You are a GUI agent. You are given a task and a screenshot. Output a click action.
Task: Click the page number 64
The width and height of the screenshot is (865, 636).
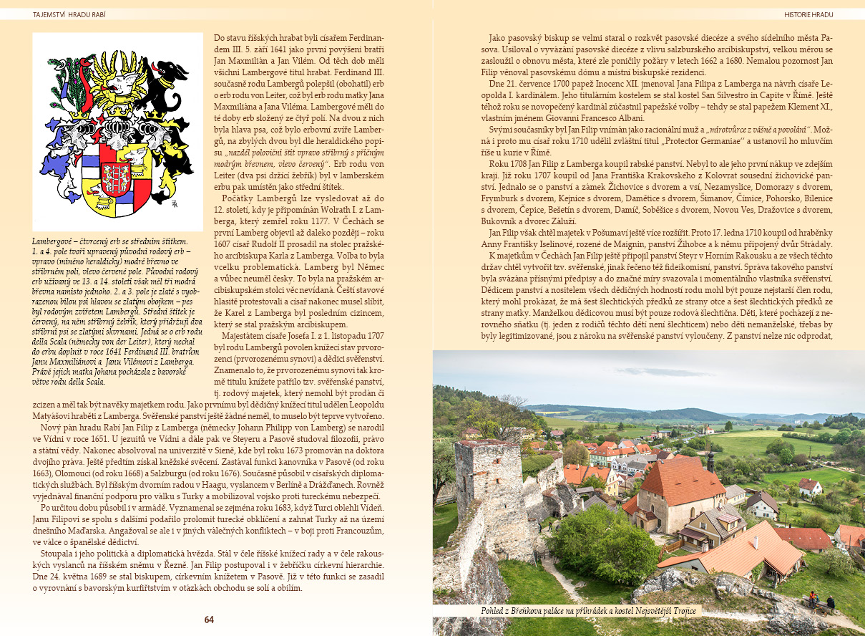[x=209, y=620]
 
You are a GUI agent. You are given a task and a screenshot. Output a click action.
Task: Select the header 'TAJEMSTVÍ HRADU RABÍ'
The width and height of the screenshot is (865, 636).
[x=70, y=14]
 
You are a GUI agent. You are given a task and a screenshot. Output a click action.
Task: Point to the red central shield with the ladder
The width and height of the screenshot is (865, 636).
[x=117, y=175]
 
